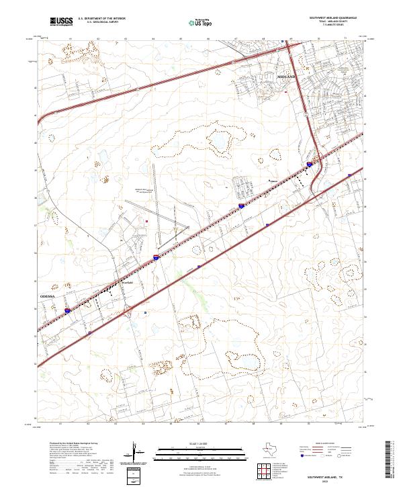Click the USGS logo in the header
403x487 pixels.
(x=61, y=22)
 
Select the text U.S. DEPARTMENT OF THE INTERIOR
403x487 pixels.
(x=100, y=19)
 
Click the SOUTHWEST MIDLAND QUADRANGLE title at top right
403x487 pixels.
(x=333, y=18)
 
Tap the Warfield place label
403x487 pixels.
(x=128, y=282)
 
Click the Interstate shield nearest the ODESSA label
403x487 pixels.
(x=69, y=311)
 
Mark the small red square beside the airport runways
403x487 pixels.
(x=146, y=219)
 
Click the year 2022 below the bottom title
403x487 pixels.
(x=333, y=480)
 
